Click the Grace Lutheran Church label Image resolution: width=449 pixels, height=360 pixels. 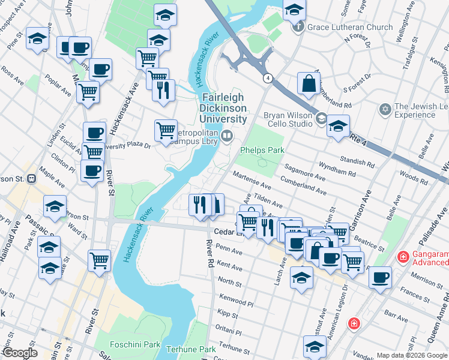click(x=350, y=27)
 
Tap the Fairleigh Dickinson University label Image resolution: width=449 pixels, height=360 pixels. click(x=224, y=108)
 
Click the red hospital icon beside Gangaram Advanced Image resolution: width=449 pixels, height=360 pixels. click(x=404, y=257)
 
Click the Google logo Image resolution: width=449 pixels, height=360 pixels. click(x=20, y=353)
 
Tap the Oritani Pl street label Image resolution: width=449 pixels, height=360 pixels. click(x=229, y=332)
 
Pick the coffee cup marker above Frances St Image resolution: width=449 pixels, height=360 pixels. click(x=380, y=277)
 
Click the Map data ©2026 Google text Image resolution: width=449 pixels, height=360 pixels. click(x=412, y=355)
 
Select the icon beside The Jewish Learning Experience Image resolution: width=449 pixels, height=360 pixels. click(x=385, y=110)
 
